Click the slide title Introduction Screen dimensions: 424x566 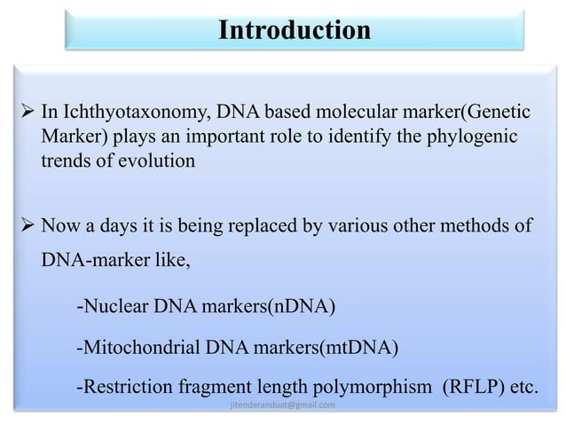(x=295, y=31)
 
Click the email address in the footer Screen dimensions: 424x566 (x=282, y=405)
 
